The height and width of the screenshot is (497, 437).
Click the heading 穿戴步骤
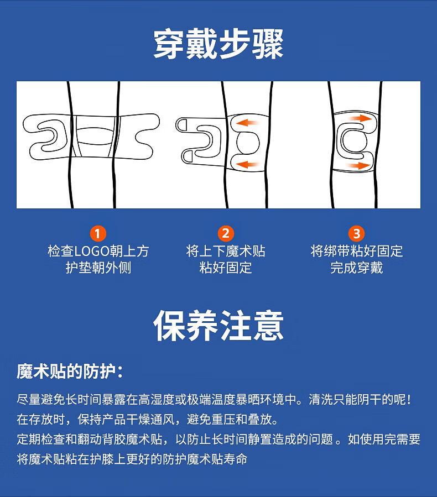click(218, 44)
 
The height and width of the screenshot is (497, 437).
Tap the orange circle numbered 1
click(98, 234)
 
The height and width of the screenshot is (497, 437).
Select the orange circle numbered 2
click(226, 234)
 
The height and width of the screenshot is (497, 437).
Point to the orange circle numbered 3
click(356, 234)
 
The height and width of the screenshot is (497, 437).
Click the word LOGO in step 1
click(92, 252)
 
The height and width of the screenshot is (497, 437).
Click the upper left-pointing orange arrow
click(248, 122)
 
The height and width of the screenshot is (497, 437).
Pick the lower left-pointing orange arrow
click(249, 164)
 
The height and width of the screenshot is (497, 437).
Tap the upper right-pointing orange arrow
click(360, 118)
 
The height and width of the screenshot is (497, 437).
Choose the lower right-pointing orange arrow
click(358, 165)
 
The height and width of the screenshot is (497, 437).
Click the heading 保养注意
click(218, 326)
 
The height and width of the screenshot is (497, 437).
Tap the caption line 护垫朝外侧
click(98, 268)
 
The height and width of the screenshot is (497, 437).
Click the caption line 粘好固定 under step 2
click(226, 268)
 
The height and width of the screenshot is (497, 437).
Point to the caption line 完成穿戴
click(356, 268)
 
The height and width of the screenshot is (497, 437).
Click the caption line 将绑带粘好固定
click(357, 252)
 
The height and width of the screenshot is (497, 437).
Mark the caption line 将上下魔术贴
click(226, 252)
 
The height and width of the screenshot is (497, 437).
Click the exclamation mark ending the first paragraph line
click(409, 400)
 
